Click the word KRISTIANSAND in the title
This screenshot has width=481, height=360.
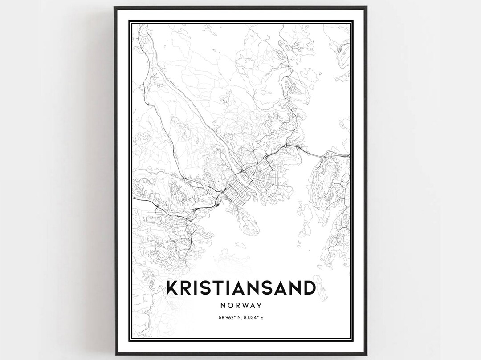pos(240,288)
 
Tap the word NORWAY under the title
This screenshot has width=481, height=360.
pos(240,306)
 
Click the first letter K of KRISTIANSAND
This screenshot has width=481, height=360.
pos(171,288)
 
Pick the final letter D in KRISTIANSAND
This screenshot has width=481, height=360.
pos(309,288)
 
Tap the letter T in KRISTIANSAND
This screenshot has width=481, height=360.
pos(214,288)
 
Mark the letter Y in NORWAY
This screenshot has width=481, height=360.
pos(259,306)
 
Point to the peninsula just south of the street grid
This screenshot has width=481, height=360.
pos(247,222)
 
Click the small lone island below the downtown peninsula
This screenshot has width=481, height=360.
pos(240,245)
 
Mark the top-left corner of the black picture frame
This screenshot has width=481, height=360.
pos(115,7)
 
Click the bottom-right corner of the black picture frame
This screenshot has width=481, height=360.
pos(366,354)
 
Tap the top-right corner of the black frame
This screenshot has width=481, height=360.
pos(366,7)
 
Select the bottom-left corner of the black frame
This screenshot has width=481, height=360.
pos(115,354)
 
